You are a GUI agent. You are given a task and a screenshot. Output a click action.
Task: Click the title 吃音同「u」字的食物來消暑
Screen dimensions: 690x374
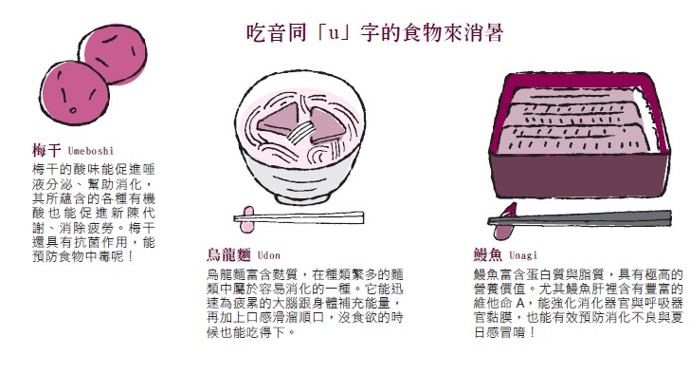click(375, 33)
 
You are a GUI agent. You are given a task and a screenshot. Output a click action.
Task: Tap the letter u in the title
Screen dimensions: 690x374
click(335, 34)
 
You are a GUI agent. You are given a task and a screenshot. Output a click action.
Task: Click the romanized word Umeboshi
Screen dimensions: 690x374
click(91, 151)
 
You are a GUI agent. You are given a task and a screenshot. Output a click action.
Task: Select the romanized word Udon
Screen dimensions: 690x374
click(268, 255)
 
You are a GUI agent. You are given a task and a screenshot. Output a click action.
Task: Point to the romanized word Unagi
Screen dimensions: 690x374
click(523, 255)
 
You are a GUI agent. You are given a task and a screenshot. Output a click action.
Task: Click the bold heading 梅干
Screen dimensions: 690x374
click(46, 151)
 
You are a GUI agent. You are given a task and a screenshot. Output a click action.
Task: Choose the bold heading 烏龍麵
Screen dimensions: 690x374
click(228, 255)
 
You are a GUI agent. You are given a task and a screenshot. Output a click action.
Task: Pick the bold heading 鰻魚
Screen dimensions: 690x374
click(487, 255)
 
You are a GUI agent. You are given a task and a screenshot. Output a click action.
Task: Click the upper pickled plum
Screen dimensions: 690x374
click(116, 54)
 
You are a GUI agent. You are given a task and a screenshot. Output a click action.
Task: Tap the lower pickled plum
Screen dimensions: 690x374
click(74, 93)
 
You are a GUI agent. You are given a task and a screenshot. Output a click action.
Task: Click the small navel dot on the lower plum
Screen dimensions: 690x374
click(73, 110)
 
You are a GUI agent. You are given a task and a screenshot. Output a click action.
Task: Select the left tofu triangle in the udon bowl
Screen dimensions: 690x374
click(277, 122)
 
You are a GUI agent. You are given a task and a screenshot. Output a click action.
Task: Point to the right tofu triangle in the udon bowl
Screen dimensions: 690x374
click(326, 126)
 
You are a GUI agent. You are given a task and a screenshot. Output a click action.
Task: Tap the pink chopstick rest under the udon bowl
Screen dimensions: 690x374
click(247, 219)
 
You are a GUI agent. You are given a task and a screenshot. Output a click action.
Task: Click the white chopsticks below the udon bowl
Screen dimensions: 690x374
click(300, 217)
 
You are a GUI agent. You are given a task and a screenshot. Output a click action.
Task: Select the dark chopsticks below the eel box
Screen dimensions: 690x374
click(580, 218)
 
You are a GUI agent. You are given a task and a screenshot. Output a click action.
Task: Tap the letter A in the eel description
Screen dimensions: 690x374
click(519, 304)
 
